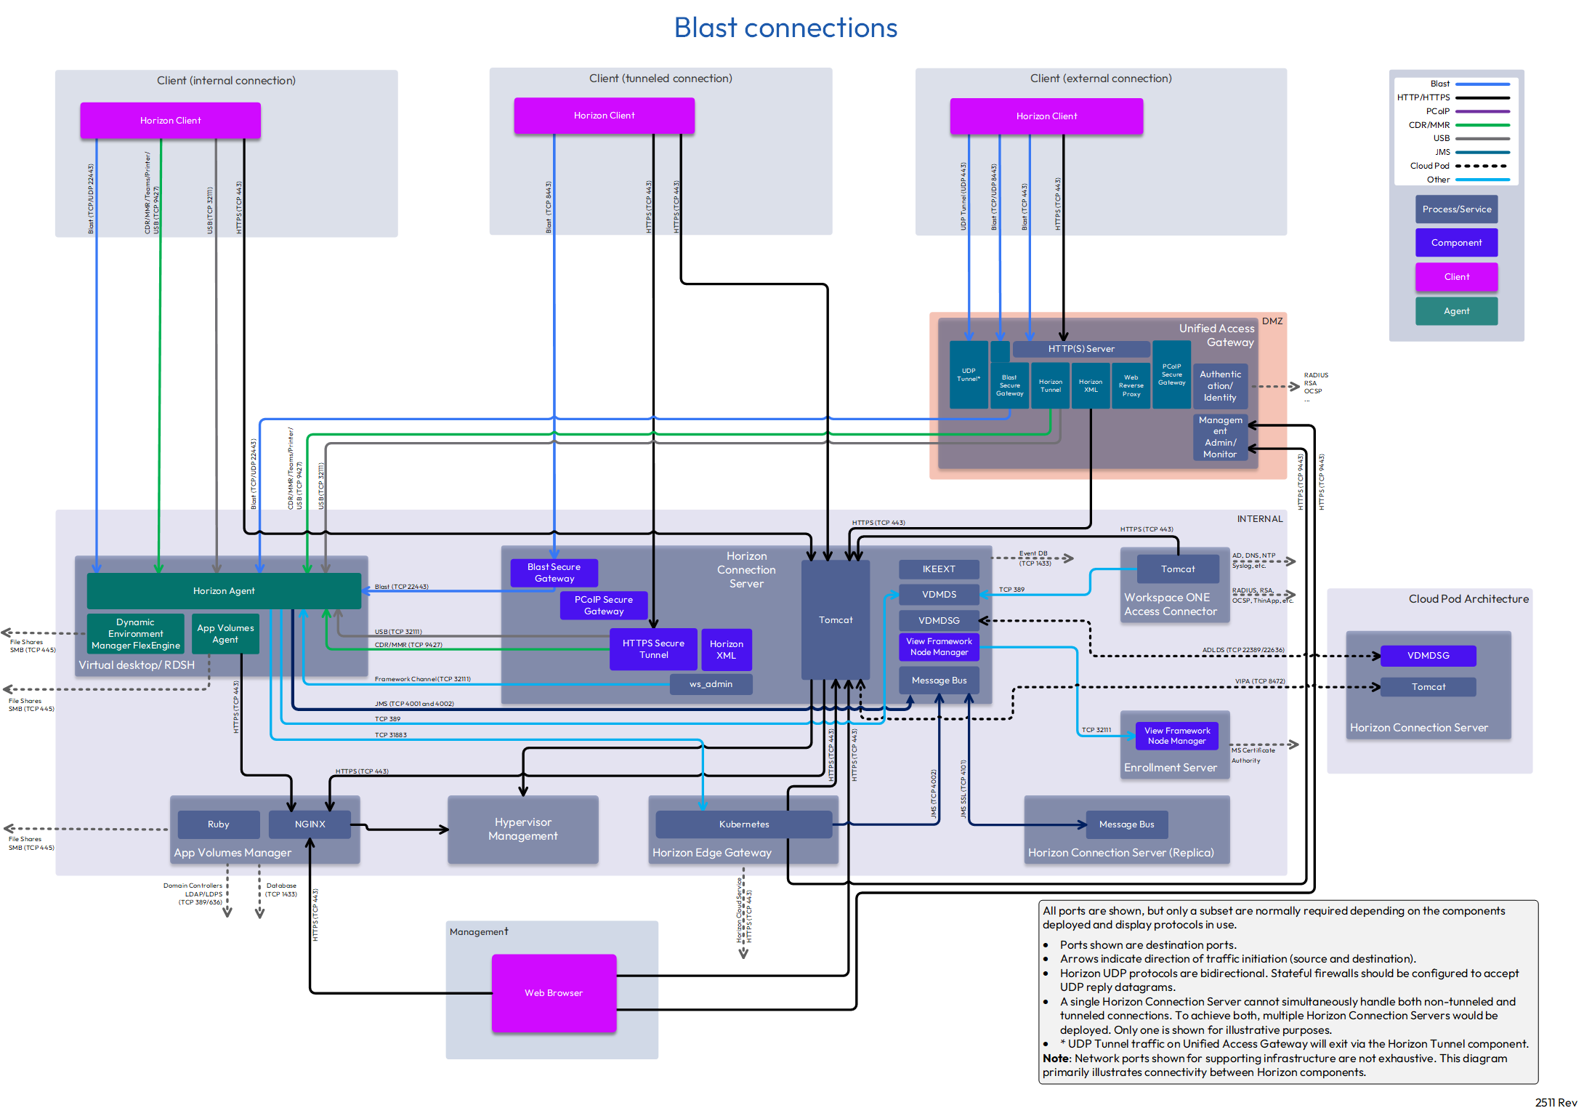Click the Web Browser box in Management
554,992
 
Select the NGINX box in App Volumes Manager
310,824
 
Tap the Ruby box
218,824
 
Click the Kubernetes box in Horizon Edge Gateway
744,824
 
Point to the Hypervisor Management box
523,830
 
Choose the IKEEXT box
939,569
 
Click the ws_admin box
711,684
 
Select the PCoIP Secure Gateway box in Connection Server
604,606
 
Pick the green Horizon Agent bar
224,591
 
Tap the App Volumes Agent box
225,634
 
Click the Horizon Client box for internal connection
170,121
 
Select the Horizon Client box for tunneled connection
604,116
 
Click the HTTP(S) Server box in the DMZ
1080,349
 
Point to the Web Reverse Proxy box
1131,386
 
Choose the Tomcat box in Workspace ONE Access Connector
1177,569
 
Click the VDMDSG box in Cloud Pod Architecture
1428,656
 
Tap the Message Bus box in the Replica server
1126,824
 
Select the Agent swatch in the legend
1456,311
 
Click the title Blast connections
785,28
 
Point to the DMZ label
1272,321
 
